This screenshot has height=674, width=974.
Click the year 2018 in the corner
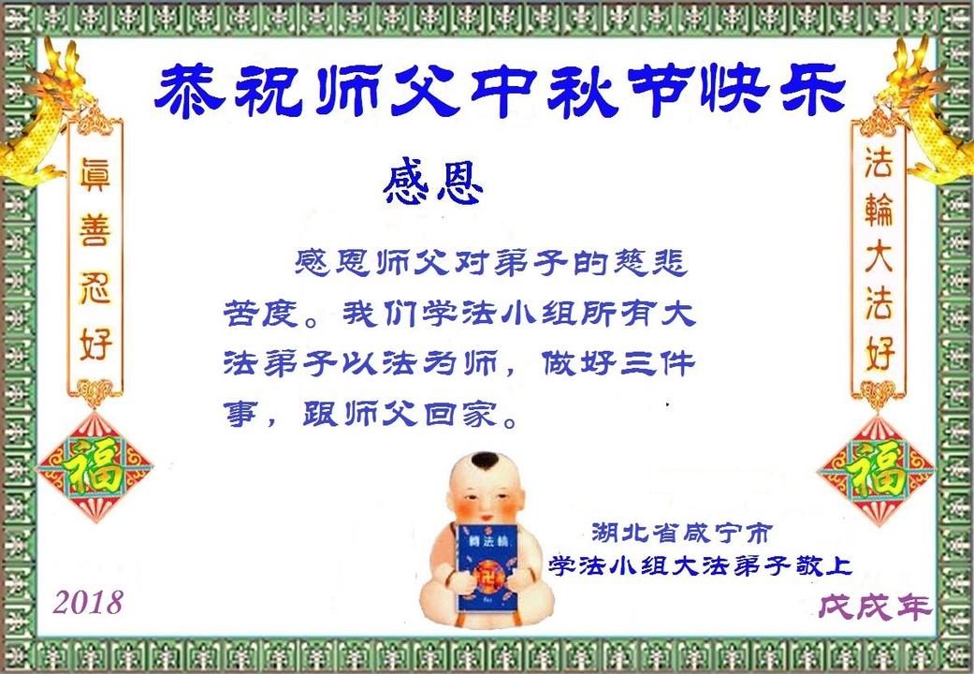88,602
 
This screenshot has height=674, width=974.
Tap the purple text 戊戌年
875,607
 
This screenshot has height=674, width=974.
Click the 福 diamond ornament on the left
94,467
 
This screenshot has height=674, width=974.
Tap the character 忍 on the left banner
94,287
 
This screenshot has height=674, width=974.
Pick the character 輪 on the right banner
879,210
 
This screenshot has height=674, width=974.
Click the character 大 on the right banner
879,256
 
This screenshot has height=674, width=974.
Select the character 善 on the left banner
94,229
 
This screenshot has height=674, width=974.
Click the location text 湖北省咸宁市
681,534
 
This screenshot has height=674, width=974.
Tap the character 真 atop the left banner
94,173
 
